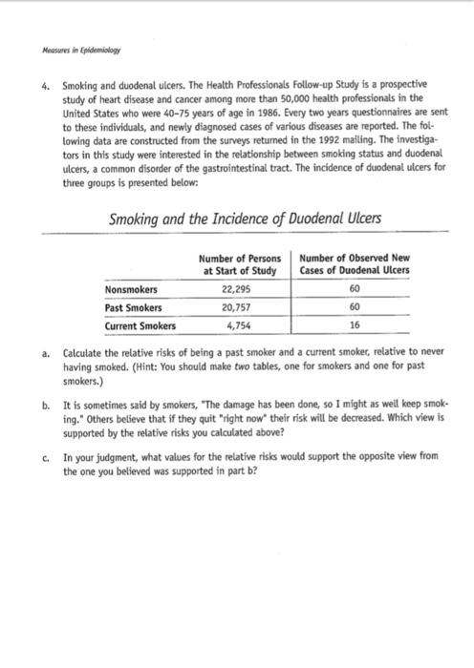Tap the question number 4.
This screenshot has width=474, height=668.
[45, 85]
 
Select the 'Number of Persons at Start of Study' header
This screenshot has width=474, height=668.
[239, 264]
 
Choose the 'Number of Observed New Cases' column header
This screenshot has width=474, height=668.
[355, 264]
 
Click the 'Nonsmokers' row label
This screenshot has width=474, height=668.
[132, 289]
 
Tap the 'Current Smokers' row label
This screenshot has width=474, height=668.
[140, 325]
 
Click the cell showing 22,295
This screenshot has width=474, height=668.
[238, 289]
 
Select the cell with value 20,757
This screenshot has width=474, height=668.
[238, 307]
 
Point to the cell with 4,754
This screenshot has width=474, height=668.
[238, 325]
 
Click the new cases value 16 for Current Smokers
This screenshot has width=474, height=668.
[355, 325]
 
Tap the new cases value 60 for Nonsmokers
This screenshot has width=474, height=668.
[355, 289]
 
